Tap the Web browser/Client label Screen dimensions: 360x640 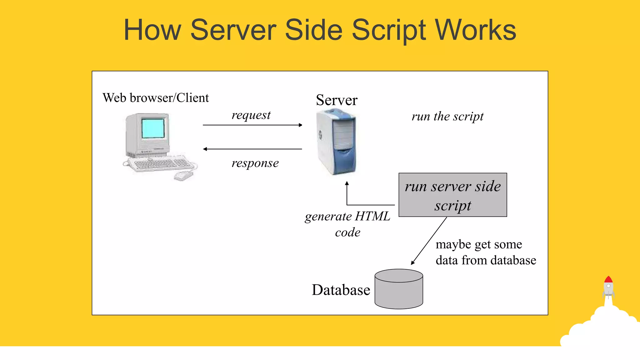[x=156, y=98]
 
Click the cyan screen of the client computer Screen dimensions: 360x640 [x=153, y=128]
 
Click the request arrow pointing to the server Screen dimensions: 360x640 [x=252, y=125]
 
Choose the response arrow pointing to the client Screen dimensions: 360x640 [x=252, y=149]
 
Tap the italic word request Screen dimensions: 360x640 [x=251, y=115]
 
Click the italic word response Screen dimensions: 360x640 [x=255, y=163]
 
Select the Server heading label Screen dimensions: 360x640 [x=337, y=100]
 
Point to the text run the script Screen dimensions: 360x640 [x=447, y=117]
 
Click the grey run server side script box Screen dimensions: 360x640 [x=452, y=195]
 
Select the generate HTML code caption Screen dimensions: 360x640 [x=347, y=224]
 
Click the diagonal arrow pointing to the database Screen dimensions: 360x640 [x=429, y=241]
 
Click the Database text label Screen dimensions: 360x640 [x=341, y=290]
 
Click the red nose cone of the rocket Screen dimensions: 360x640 [x=608, y=279]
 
